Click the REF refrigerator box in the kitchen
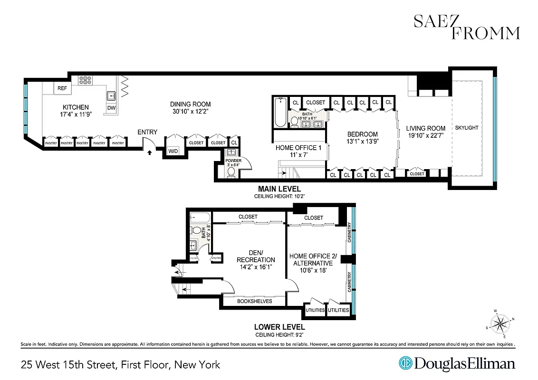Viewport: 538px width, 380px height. point(62,88)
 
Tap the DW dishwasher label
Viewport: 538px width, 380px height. point(111,108)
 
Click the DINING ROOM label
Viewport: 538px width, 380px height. point(190,104)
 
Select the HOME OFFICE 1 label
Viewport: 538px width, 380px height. point(298,148)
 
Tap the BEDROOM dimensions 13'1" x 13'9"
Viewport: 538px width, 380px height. point(362,142)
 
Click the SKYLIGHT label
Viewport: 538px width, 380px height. point(466,128)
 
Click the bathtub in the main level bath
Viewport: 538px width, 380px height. point(280,113)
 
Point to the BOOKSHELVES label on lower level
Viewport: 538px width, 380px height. point(254,301)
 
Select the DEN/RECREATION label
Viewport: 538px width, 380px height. point(256,256)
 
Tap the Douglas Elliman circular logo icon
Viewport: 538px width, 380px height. point(405,364)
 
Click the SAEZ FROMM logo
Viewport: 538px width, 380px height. point(466,27)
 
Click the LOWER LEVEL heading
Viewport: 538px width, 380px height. point(279,327)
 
